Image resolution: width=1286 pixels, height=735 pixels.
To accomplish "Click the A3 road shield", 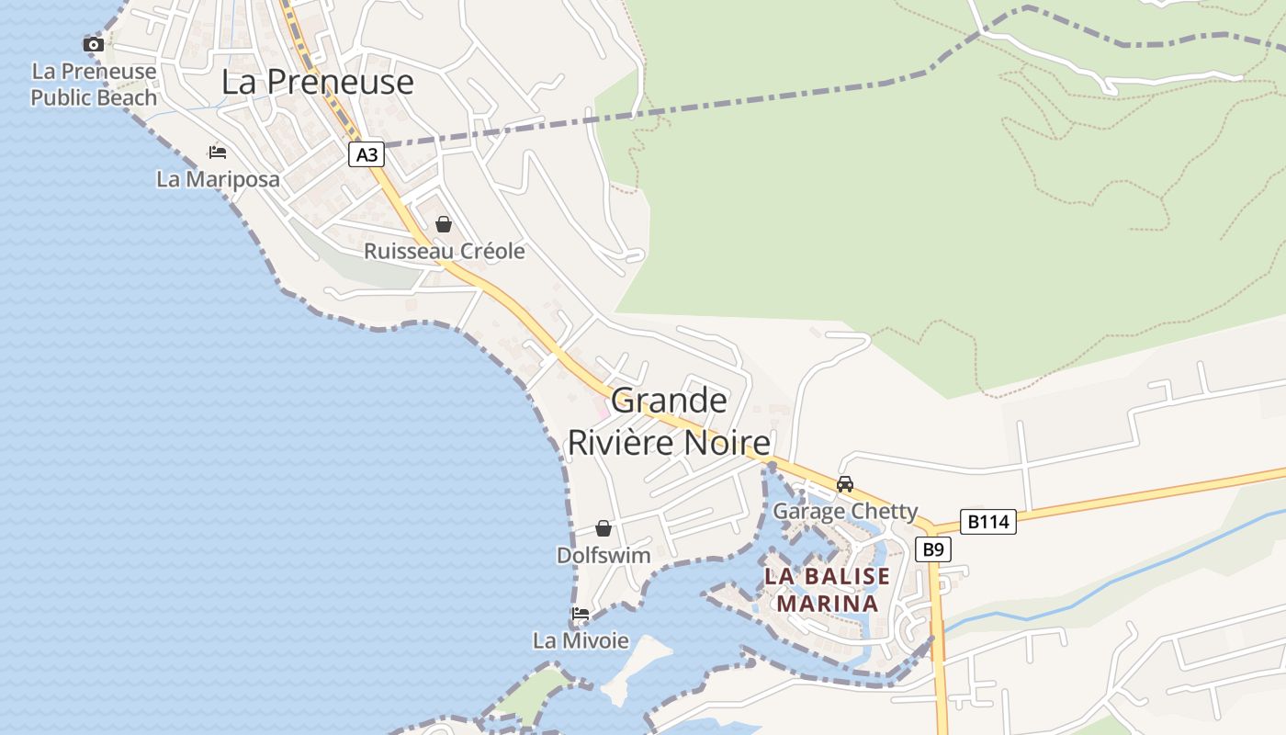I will (367, 155).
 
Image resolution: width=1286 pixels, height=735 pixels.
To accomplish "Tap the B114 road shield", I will (988, 522).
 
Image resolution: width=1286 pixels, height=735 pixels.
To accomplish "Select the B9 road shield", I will (932, 549).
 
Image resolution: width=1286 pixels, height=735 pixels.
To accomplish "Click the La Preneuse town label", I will (317, 82).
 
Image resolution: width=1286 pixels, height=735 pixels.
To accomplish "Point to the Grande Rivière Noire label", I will (669, 421).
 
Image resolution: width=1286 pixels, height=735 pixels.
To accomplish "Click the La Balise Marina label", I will (828, 590).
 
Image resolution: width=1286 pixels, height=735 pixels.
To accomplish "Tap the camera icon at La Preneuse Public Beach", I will (93, 44).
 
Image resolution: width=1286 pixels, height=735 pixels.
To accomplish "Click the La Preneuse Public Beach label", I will (94, 85).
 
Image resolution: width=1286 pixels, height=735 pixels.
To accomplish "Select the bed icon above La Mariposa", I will (218, 152).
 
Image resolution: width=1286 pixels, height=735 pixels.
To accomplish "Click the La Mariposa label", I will (218, 179).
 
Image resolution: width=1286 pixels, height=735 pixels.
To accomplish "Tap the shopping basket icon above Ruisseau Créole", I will (444, 224).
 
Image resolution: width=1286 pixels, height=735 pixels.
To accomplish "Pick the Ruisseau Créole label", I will (445, 251).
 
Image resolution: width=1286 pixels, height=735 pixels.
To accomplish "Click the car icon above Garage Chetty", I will (845, 484).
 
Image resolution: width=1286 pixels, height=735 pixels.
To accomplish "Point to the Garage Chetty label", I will (845, 511).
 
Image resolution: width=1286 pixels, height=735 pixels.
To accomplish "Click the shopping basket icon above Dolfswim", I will (604, 528).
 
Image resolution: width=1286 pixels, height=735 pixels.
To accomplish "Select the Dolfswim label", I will (604, 555).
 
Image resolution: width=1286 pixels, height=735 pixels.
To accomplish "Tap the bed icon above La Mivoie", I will (581, 614).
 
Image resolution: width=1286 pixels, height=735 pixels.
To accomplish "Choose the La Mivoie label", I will (581, 640).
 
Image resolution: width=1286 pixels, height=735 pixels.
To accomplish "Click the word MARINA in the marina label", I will (828, 604).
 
